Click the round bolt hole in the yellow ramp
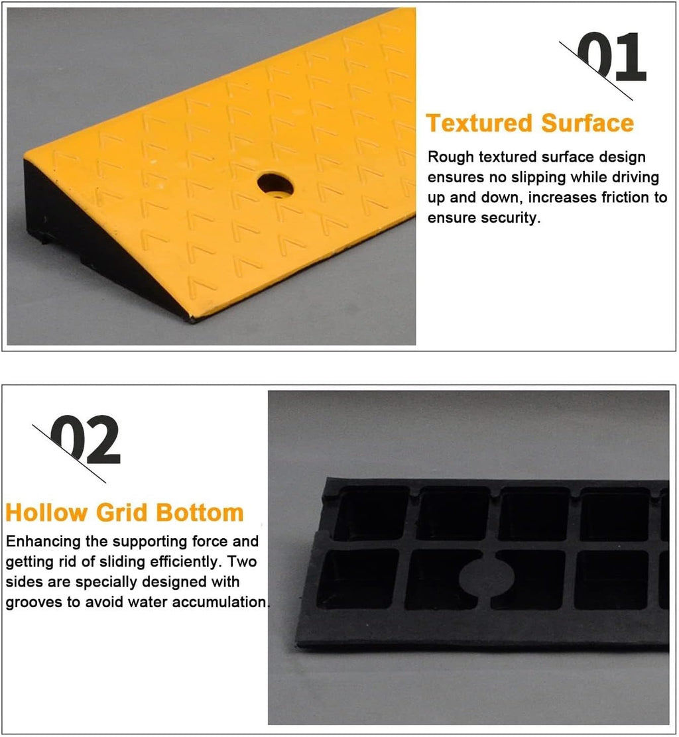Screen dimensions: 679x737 (276, 186)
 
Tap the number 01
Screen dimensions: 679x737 (611, 57)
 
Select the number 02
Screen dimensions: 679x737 (85, 440)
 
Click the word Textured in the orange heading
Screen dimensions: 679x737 (479, 123)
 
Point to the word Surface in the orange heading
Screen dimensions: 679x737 (587, 123)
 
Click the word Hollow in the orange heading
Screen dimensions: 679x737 (46, 512)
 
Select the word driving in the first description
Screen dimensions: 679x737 (635, 178)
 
